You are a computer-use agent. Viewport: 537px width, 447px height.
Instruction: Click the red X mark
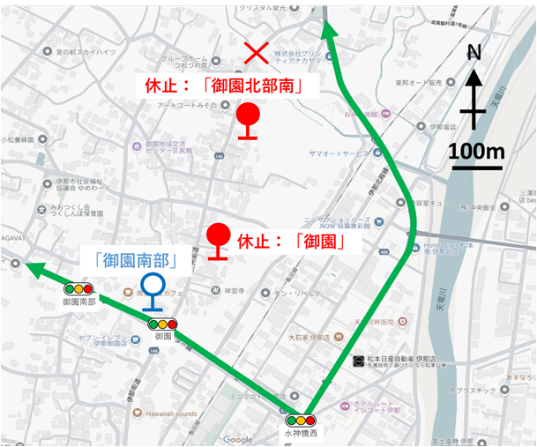pyautogui.click(x=256, y=54)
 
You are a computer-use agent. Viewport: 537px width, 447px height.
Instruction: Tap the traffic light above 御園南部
pyautogui.click(x=78, y=288)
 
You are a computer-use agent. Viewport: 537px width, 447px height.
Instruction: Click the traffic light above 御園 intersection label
pyautogui.click(x=163, y=324)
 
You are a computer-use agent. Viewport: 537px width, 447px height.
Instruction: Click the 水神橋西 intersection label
pyautogui.click(x=300, y=435)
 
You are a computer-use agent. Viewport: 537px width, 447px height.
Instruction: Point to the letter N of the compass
pyautogui.click(x=474, y=53)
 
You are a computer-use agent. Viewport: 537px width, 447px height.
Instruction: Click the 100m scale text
pyautogui.click(x=476, y=151)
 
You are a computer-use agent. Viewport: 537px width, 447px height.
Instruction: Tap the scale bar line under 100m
pyautogui.click(x=476, y=167)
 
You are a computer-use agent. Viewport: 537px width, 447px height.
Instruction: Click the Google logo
pyautogui.click(x=237, y=439)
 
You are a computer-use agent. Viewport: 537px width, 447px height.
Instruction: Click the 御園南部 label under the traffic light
pyautogui.click(x=78, y=302)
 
